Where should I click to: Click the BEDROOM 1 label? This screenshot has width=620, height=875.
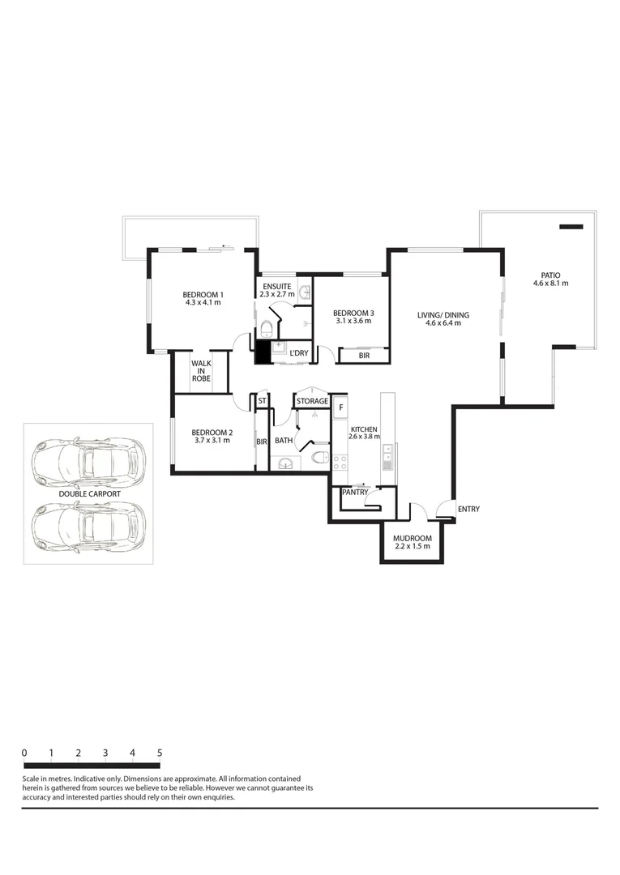[203, 294]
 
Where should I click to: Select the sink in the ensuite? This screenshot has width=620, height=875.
[306, 292]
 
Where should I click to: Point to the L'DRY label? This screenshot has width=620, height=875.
[299, 353]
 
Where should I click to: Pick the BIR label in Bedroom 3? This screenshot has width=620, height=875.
[364, 355]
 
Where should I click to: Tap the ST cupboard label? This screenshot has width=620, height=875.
[262, 401]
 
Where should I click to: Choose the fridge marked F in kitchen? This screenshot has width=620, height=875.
[341, 407]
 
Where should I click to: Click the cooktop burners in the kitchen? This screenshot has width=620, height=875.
[340, 462]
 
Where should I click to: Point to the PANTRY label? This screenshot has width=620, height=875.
[355, 492]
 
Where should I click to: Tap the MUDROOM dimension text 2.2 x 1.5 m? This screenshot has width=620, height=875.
[412, 547]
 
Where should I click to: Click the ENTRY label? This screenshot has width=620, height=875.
[468, 509]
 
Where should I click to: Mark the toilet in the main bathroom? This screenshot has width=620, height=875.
[319, 459]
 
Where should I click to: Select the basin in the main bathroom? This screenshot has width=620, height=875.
[284, 463]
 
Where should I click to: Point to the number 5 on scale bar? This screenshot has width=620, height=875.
[160, 753]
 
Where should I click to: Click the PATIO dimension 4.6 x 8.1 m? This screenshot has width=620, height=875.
[550, 284]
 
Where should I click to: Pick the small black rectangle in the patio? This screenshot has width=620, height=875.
[571, 227]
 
